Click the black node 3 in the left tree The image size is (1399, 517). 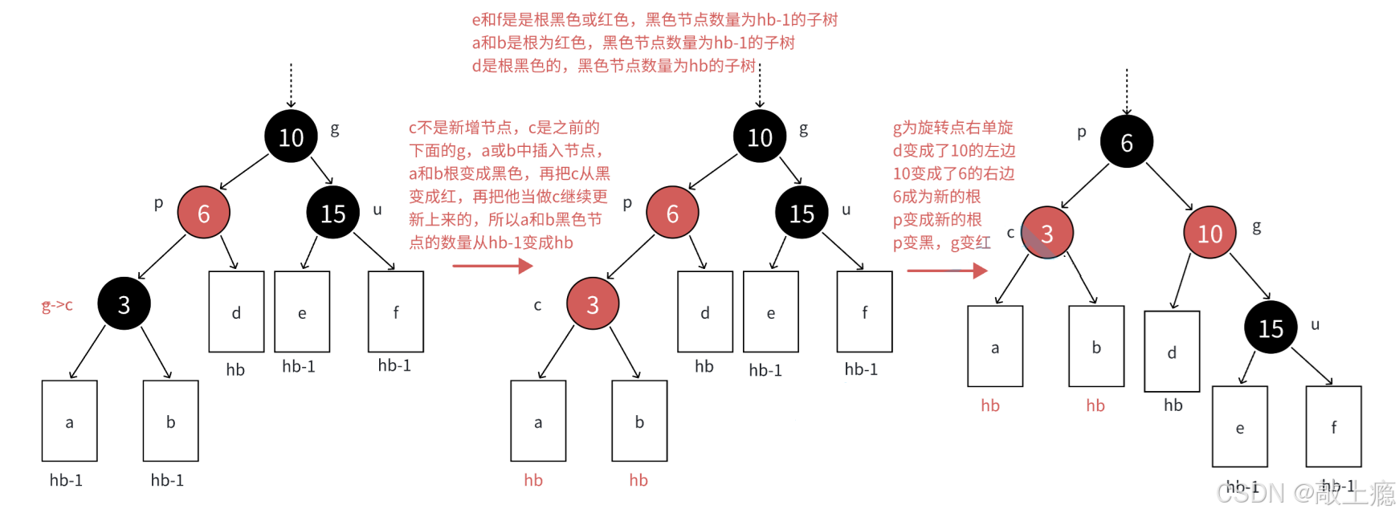click(124, 304)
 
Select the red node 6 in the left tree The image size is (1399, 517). click(203, 213)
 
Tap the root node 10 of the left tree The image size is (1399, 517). click(291, 137)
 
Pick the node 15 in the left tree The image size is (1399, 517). click(332, 213)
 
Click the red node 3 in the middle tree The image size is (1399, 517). click(593, 304)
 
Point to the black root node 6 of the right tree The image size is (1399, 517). click(1127, 142)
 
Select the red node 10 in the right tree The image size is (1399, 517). click(1209, 233)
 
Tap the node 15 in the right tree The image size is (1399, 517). click(1271, 328)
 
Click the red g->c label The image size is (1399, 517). click(57, 306)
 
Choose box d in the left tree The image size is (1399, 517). click(236, 311)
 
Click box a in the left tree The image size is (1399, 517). click(69, 421)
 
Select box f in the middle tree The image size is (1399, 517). click(864, 311)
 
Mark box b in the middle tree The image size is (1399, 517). click(639, 421)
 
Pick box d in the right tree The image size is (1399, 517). click(1173, 352)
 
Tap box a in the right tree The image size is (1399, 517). click(995, 347)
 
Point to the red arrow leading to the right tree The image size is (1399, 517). click(947, 271)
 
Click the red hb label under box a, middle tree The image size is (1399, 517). click(533, 480)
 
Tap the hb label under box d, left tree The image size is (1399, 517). click(235, 369)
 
